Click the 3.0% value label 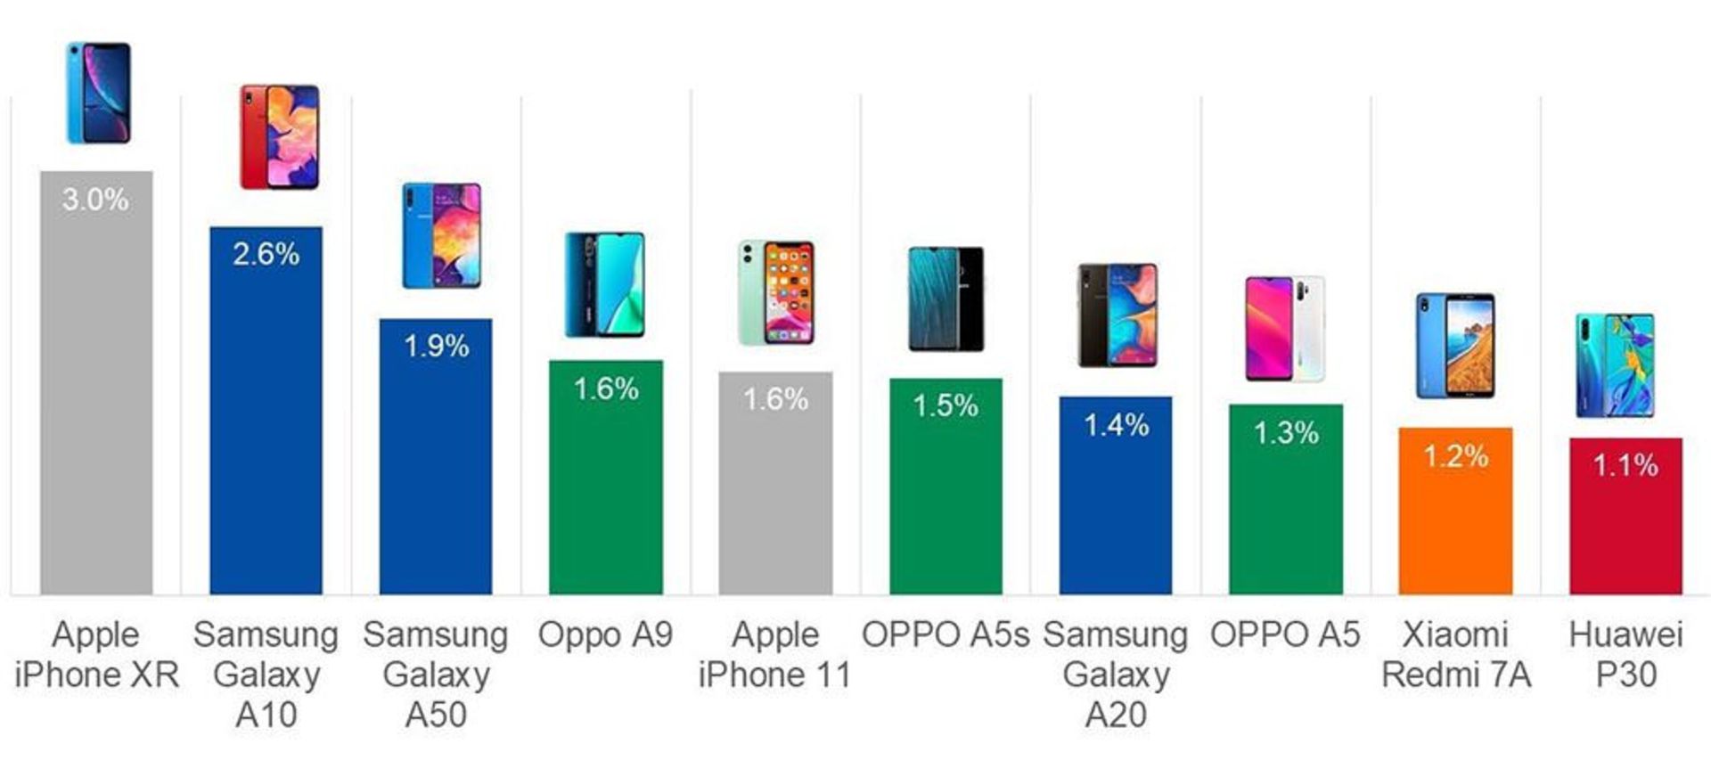[95, 199]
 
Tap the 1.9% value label [436, 346]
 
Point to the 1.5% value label [946, 406]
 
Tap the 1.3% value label [1286, 433]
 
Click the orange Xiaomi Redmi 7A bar [1455, 526]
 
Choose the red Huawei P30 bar [1625, 530]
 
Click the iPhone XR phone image [98, 93]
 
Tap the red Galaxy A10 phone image [279, 136]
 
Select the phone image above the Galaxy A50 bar [441, 236]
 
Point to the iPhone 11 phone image [776, 292]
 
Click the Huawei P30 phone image [1615, 365]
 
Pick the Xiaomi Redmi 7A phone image [1455, 345]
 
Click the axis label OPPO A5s [946, 634]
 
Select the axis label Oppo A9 [605, 634]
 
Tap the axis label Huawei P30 [1625, 655]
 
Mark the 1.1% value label [1625, 464]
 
